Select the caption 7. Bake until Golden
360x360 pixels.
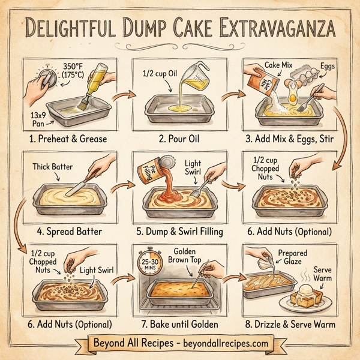(x=179, y=324)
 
